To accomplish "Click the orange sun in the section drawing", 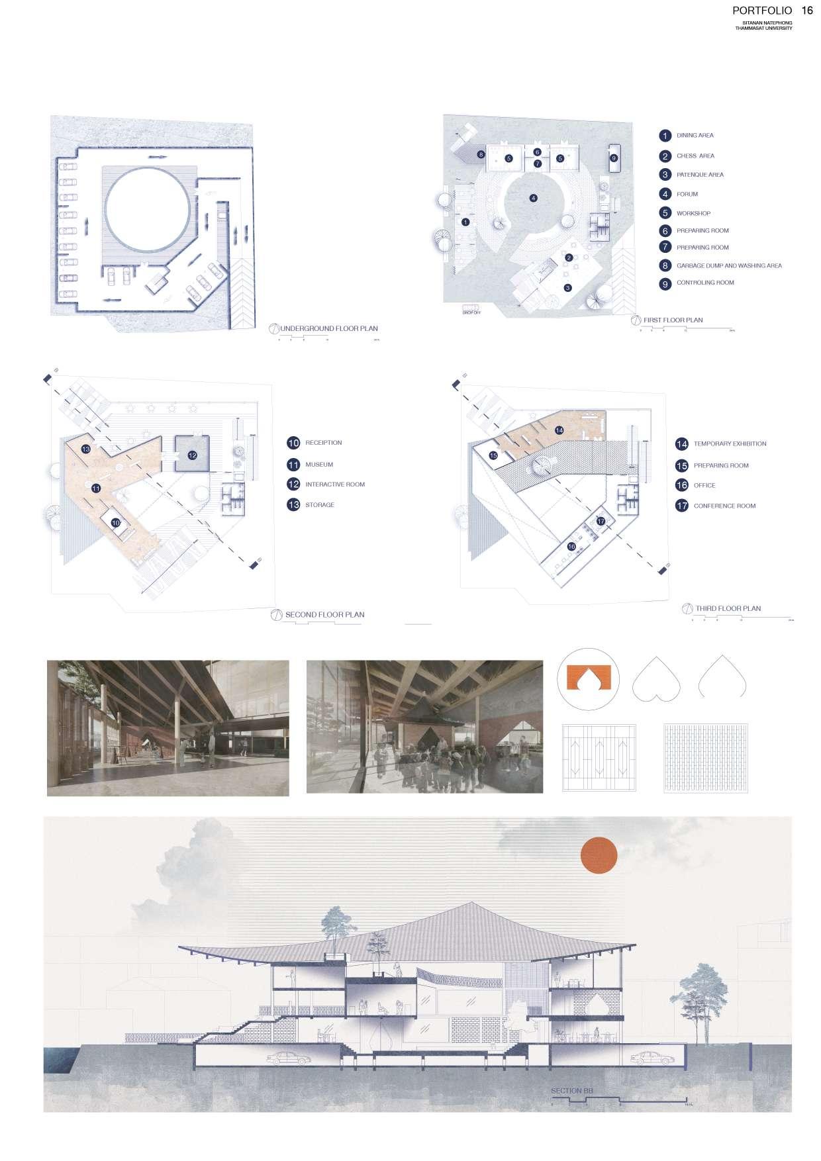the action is (x=599, y=854).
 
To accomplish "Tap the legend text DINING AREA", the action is (x=695, y=135).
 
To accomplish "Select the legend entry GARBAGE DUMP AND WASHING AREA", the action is (x=728, y=265).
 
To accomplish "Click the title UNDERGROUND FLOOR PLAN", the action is (x=329, y=328).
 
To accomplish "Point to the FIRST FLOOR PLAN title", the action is (x=673, y=320).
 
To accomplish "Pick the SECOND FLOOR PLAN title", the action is (x=324, y=614).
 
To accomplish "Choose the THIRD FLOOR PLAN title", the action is (x=728, y=608).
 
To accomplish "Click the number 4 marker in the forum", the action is (x=533, y=197).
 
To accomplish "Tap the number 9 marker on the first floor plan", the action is (x=614, y=158).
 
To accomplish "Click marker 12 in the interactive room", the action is (x=192, y=455).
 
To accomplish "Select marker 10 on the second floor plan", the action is (x=116, y=522).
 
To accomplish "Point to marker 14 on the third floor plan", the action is (x=559, y=430).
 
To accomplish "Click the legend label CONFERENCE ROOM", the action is (x=724, y=506).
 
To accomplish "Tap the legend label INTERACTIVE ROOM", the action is (x=334, y=485).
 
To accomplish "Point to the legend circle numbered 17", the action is (x=682, y=506).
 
